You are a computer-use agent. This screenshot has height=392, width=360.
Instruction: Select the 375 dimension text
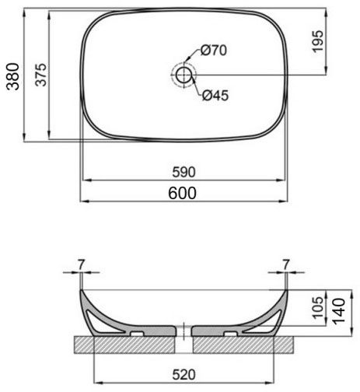(x=43, y=75)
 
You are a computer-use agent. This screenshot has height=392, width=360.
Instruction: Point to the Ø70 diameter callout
(x=213, y=51)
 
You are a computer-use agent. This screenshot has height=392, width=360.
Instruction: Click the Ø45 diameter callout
(x=215, y=96)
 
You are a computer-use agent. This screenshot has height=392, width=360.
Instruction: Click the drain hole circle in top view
(x=183, y=75)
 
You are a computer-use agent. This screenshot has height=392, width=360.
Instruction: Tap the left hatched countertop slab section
(x=124, y=343)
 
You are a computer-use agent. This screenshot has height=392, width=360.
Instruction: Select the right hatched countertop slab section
(x=241, y=343)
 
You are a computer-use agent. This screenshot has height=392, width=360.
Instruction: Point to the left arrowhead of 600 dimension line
(x=85, y=201)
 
